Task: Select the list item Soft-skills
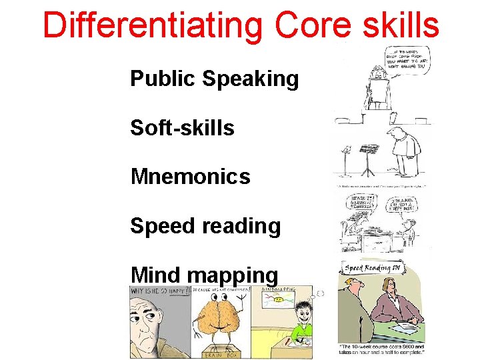tap(182, 127)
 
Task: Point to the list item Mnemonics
tap(190, 177)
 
